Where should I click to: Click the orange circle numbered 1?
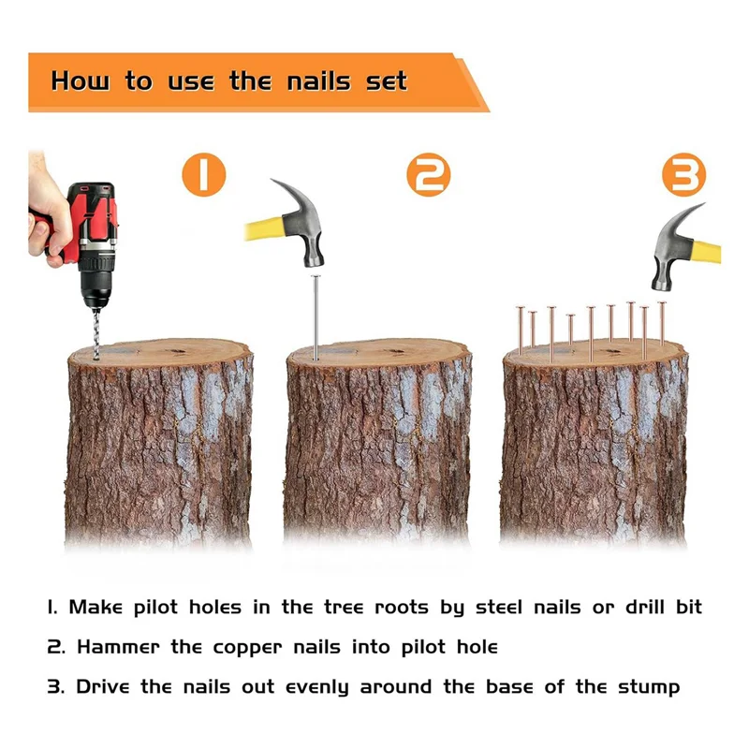pyautogui.click(x=204, y=174)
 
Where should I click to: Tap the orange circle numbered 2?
pyautogui.click(x=429, y=174)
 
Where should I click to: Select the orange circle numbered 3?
pyautogui.click(x=684, y=174)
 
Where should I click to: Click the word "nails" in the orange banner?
pyautogui.click(x=319, y=81)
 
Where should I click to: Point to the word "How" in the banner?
pyautogui.click(x=81, y=81)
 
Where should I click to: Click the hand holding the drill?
pyautogui.click(x=48, y=210)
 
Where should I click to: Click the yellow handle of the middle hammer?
pyautogui.click(x=264, y=228)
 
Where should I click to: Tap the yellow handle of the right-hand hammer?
pyautogui.click(x=707, y=252)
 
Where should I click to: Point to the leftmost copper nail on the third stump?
pyautogui.click(x=521, y=330)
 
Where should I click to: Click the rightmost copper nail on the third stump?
pyautogui.click(x=662, y=323)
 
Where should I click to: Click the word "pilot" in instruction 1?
pyautogui.click(x=155, y=608)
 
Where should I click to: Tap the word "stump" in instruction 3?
pyautogui.click(x=649, y=688)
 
